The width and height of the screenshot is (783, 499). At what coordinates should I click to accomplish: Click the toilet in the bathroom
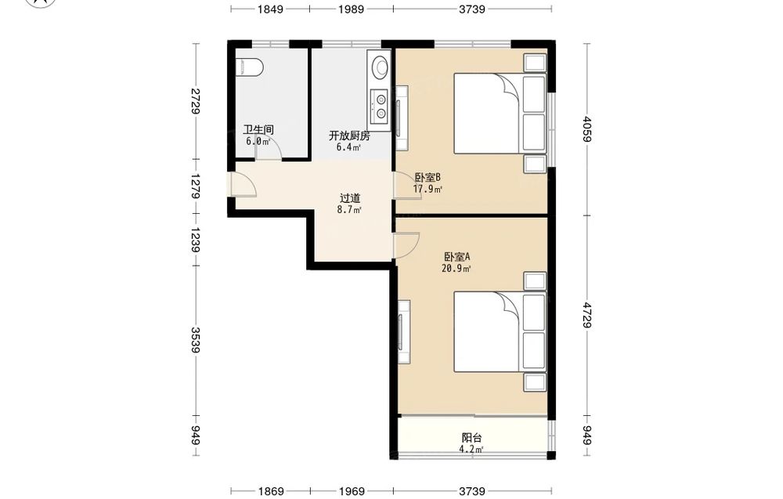(x=249, y=67)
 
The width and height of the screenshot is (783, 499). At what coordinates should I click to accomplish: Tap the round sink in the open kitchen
(x=381, y=67)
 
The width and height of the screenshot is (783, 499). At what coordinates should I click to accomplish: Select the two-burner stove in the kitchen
(x=379, y=106)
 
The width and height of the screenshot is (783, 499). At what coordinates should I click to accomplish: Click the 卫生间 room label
(x=258, y=130)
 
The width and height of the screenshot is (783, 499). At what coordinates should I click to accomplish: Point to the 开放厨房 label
(x=349, y=136)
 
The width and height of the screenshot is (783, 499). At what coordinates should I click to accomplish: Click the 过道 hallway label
(x=350, y=198)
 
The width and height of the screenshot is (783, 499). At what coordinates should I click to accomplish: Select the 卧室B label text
(x=428, y=177)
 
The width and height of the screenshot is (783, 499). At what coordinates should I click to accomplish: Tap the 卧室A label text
(x=457, y=257)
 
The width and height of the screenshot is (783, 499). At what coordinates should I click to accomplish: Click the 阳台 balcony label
(x=472, y=438)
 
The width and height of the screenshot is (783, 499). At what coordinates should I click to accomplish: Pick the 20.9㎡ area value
(x=456, y=269)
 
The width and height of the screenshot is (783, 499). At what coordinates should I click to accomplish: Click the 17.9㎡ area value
(x=428, y=190)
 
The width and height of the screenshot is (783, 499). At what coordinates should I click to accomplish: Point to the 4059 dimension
(x=587, y=129)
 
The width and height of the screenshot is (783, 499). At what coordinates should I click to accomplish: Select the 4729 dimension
(x=587, y=315)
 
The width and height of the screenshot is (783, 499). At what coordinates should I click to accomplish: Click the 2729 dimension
(x=195, y=101)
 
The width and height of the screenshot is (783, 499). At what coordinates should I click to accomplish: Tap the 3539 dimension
(x=195, y=340)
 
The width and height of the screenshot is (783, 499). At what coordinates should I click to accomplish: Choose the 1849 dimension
(x=271, y=9)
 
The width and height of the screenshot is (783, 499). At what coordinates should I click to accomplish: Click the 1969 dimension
(x=352, y=491)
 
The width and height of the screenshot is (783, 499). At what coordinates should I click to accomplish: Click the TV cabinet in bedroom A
(x=404, y=332)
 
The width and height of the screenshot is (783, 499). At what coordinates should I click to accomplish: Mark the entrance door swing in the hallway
(x=244, y=184)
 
